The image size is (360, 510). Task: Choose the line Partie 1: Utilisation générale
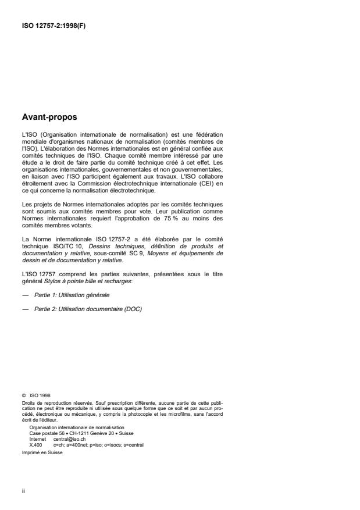[x=72, y=296]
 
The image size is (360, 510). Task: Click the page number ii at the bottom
[x=23, y=491]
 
